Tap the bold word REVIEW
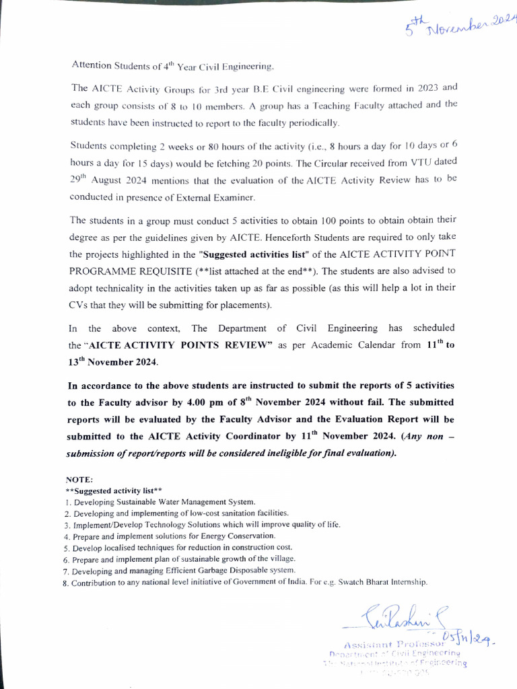249,345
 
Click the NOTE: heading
79,480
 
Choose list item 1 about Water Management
164,502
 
